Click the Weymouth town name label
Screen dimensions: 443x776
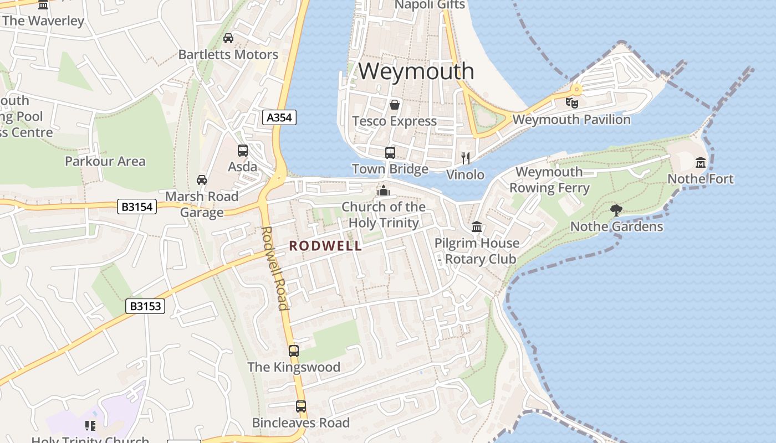click(416, 71)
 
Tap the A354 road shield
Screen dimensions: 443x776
click(279, 117)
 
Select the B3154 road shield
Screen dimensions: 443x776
click(137, 207)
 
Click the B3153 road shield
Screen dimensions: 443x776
click(145, 306)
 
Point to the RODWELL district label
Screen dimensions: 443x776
click(326, 246)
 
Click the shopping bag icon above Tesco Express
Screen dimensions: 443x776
click(395, 105)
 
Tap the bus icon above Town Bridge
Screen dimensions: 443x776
click(390, 152)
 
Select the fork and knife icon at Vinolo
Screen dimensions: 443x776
click(466, 158)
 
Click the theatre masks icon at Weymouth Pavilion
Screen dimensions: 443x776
click(571, 102)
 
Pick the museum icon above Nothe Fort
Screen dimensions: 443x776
click(701, 163)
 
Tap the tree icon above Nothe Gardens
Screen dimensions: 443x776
click(616, 210)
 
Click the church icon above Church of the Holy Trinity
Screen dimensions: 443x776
click(383, 190)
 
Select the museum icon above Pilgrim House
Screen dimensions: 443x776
click(477, 226)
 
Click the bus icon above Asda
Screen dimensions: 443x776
click(243, 150)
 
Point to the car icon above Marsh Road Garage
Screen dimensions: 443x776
click(202, 180)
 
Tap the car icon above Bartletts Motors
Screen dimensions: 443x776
click(228, 38)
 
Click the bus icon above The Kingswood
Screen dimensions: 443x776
click(294, 351)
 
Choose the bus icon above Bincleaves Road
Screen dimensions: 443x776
click(301, 406)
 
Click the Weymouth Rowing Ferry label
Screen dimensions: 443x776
click(549, 180)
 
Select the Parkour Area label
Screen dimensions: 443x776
click(105, 162)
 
